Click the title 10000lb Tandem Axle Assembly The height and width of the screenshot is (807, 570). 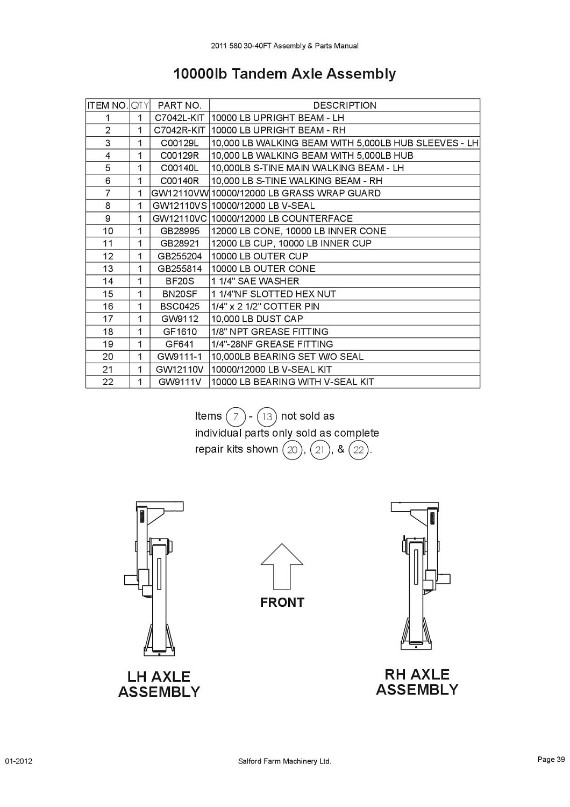point(284,74)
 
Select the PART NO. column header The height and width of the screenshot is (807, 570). point(179,105)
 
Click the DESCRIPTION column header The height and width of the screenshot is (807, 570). point(345,105)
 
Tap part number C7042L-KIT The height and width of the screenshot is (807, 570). point(179,118)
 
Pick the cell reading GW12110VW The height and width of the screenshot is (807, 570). point(180,193)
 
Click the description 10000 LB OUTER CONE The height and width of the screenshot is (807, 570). point(263,269)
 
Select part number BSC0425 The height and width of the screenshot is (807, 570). point(180,307)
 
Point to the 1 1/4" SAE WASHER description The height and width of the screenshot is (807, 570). point(255,281)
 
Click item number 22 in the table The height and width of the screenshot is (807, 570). point(108,382)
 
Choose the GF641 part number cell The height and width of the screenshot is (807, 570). point(179,344)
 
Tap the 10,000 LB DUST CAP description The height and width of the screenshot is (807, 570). point(257,319)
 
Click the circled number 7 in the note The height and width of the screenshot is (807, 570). point(236,417)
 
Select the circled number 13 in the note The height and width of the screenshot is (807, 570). point(267,417)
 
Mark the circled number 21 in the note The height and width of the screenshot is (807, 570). point(320,450)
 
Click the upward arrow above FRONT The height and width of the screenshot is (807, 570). point(282,567)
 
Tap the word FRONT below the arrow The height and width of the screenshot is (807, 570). point(282,603)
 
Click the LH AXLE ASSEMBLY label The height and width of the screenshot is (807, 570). point(159,684)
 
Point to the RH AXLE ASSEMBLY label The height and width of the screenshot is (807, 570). point(417,682)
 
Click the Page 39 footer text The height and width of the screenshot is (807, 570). point(551,760)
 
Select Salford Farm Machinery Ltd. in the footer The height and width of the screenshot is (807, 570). point(284,761)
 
